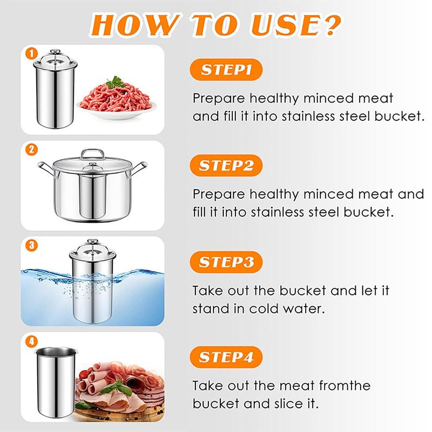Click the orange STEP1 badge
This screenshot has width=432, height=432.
click(226, 70)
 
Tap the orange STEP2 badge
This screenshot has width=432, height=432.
click(226, 165)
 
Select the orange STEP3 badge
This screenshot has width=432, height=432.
click(226, 262)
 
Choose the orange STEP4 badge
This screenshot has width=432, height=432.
click(226, 357)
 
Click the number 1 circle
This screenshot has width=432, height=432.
click(31, 53)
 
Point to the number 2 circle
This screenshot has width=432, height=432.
click(31, 150)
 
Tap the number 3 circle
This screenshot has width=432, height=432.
click(31, 245)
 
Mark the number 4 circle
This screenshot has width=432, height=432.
click(31, 341)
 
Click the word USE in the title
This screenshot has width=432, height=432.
click(285, 25)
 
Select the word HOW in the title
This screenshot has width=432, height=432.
click(135, 25)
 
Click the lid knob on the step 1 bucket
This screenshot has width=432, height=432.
click(56, 51)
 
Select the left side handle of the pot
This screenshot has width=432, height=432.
click(47, 168)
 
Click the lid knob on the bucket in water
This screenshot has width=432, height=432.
click(92, 241)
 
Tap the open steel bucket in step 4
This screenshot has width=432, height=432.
click(56, 382)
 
